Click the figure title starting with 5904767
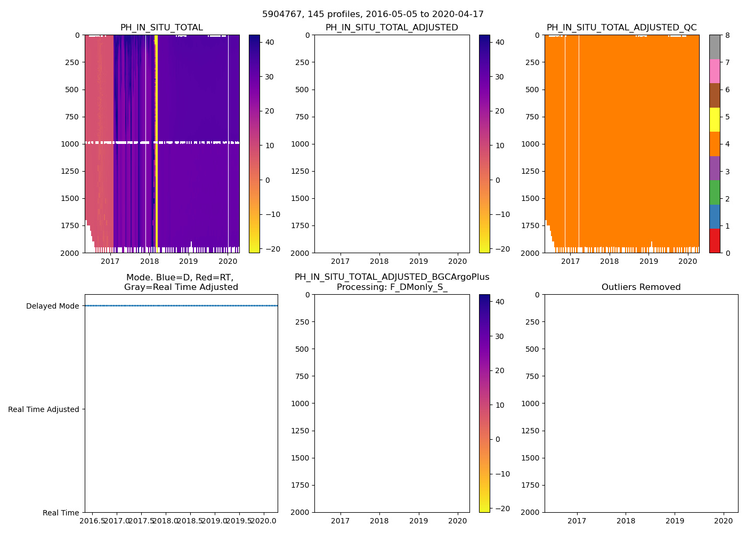[372, 14]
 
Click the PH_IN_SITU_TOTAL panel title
[161, 28]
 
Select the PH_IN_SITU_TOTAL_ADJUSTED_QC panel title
[621, 28]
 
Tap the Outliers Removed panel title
[641, 287]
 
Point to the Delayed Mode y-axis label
[52, 306]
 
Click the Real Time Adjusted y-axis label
[44, 409]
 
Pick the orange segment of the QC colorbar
[715, 144]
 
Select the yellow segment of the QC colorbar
[715, 120]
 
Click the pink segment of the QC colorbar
[715, 71]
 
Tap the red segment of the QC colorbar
[715, 241]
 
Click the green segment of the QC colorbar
[715, 192]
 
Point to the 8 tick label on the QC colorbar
[726, 35]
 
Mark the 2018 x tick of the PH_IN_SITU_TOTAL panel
[149, 261]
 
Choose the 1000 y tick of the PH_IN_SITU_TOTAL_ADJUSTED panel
[302, 144]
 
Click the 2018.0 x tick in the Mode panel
[166, 520]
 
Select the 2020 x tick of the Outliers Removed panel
[724, 521]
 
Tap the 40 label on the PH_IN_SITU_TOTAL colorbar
[269, 42]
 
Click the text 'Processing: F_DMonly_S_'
[392, 287]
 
